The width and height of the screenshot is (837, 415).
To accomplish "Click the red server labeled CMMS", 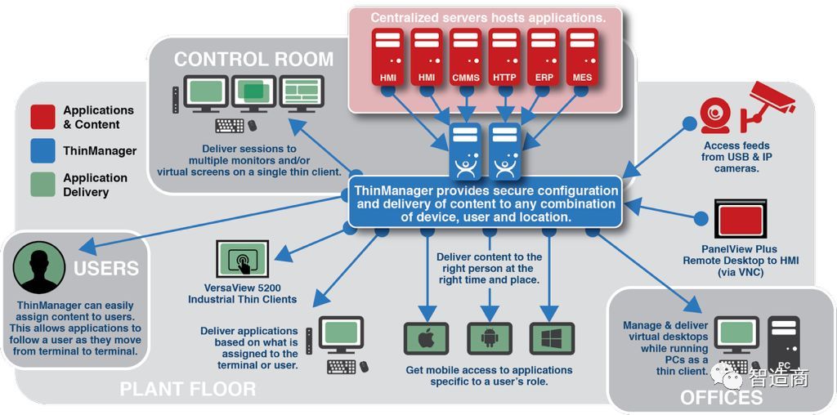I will click(466, 57).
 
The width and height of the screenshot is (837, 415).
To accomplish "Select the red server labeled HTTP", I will click(505, 57).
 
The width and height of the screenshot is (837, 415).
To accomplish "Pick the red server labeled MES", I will click(583, 57).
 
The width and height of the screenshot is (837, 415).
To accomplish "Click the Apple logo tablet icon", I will click(426, 338).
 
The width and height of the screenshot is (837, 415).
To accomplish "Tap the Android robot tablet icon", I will click(489, 338).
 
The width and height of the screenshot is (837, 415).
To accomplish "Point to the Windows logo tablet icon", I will click(552, 338).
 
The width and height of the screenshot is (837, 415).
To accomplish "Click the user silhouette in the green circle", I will click(38, 267).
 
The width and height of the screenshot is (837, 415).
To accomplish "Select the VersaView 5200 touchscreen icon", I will click(244, 260).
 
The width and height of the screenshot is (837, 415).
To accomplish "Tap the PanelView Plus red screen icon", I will click(740, 220).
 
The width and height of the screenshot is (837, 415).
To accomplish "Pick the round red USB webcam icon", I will click(714, 114).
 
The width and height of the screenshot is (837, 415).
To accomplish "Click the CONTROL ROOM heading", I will click(253, 60).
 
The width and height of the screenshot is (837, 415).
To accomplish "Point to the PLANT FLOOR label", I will click(188, 389).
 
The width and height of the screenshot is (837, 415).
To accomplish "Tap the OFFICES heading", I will click(721, 398).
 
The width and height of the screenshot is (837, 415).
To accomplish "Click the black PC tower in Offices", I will click(785, 343).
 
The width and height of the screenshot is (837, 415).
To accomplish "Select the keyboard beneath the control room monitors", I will click(231, 126).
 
